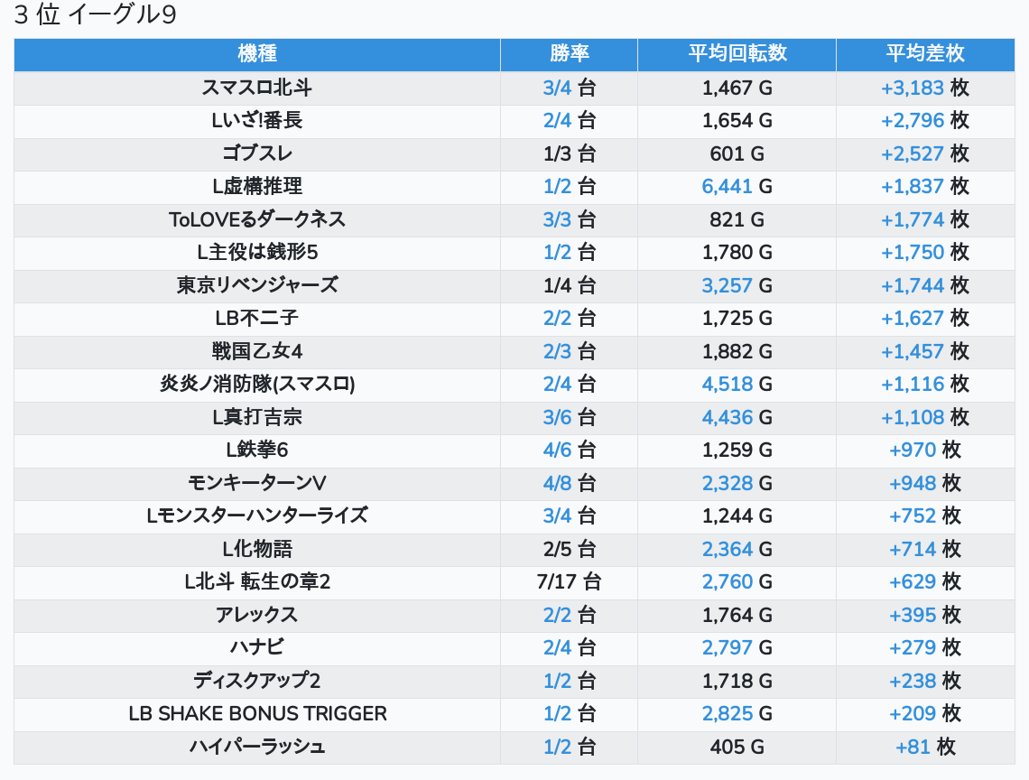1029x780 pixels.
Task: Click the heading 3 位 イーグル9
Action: pos(95,16)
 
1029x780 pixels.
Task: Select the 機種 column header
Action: pos(257,54)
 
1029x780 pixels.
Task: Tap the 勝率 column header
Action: pos(569,54)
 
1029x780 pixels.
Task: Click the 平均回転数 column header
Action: pos(737,54)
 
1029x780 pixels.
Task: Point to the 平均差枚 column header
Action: pos(925,54)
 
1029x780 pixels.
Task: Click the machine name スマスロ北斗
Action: pos(257,88)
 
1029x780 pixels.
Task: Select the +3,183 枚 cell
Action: pos(924,88)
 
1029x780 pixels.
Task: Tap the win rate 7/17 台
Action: pos(569,581)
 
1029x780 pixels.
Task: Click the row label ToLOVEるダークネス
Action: pos(257,219)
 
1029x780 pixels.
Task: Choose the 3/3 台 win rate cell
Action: pos(569,219)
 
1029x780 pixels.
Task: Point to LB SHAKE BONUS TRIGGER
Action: pos(257,713)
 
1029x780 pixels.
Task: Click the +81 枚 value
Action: pos(924,747)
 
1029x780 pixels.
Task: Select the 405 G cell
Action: pos(737,747)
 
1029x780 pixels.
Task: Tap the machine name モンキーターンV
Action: pos(257,483)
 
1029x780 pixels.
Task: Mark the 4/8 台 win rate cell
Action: pos(569,483)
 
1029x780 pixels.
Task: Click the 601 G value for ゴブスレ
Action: pos(737,153)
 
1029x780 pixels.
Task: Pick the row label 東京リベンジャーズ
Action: pos(257,285)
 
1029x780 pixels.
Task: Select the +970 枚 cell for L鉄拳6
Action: pos(924,450)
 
